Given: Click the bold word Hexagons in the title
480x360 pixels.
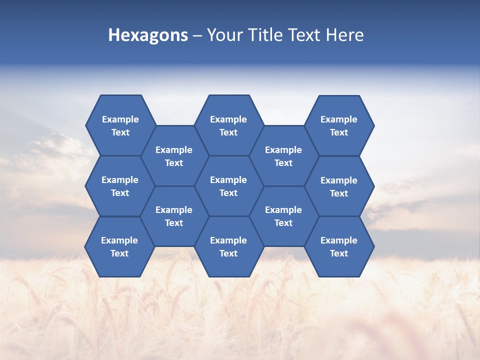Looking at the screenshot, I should tap(148, 35).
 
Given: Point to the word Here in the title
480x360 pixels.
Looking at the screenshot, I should tap(344, 35).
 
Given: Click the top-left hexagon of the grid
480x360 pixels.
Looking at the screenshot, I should tap(120, 125).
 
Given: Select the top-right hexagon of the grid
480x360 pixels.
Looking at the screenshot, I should tap(339, 125).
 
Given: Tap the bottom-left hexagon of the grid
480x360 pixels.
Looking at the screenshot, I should tap(119, 246).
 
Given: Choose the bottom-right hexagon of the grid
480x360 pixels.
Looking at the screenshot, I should tap(339, 246).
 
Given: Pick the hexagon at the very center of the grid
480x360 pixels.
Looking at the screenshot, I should tap(228, 186).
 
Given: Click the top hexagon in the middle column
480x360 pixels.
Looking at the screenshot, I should tap(228, 125).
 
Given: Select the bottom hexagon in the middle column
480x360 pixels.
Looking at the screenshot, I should tap(228, 246).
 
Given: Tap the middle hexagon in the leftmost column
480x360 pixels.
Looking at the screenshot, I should tap(120, 186).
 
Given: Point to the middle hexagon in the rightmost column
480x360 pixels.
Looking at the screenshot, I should tap(339, 186).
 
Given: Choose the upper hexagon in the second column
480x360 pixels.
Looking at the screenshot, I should tap(174, 156).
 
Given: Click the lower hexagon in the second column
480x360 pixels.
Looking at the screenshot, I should tap(174, 216).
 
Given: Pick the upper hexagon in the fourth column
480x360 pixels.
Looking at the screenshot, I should tap(283, 156).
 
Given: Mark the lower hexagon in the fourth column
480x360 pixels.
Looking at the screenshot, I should tap(283, 216).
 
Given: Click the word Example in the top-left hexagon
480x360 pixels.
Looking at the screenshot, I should tap(120, 119).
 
